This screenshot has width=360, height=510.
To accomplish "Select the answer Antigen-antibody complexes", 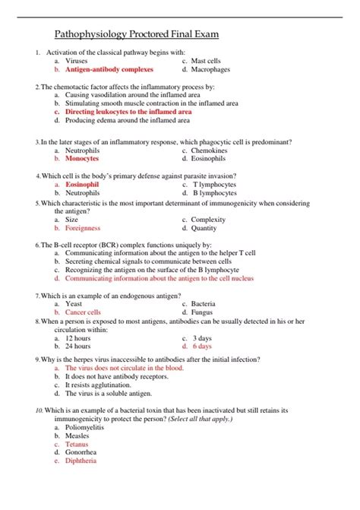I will click(109, 69).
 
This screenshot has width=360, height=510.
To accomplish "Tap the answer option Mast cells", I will click(206, 60).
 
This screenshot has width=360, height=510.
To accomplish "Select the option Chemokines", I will click(210, 150).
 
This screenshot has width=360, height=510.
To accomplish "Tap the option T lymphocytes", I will click(214, 185).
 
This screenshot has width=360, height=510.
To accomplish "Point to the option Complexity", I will click(209, 220).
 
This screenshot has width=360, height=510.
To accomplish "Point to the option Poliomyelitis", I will click(87, 427).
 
